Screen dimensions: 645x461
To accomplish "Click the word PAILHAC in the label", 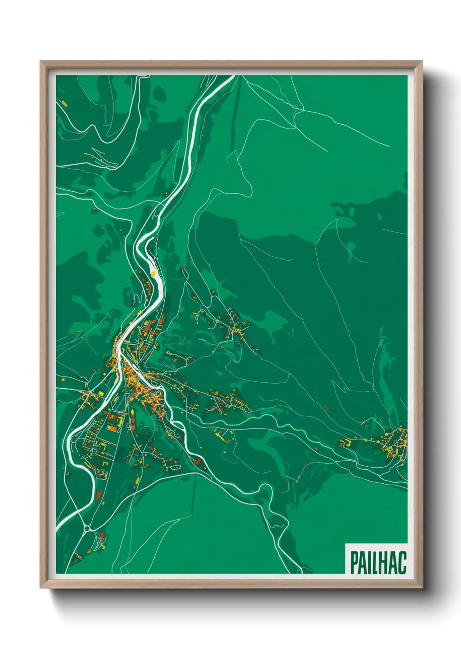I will [x=378, y=563].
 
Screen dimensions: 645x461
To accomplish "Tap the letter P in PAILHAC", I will [x=354, y=563].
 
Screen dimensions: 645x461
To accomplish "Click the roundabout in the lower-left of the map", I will [x=87, y=529].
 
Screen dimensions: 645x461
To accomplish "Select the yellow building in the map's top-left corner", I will [x=64, y=103].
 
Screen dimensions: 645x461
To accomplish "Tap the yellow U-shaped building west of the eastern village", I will [x=346, y=442].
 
